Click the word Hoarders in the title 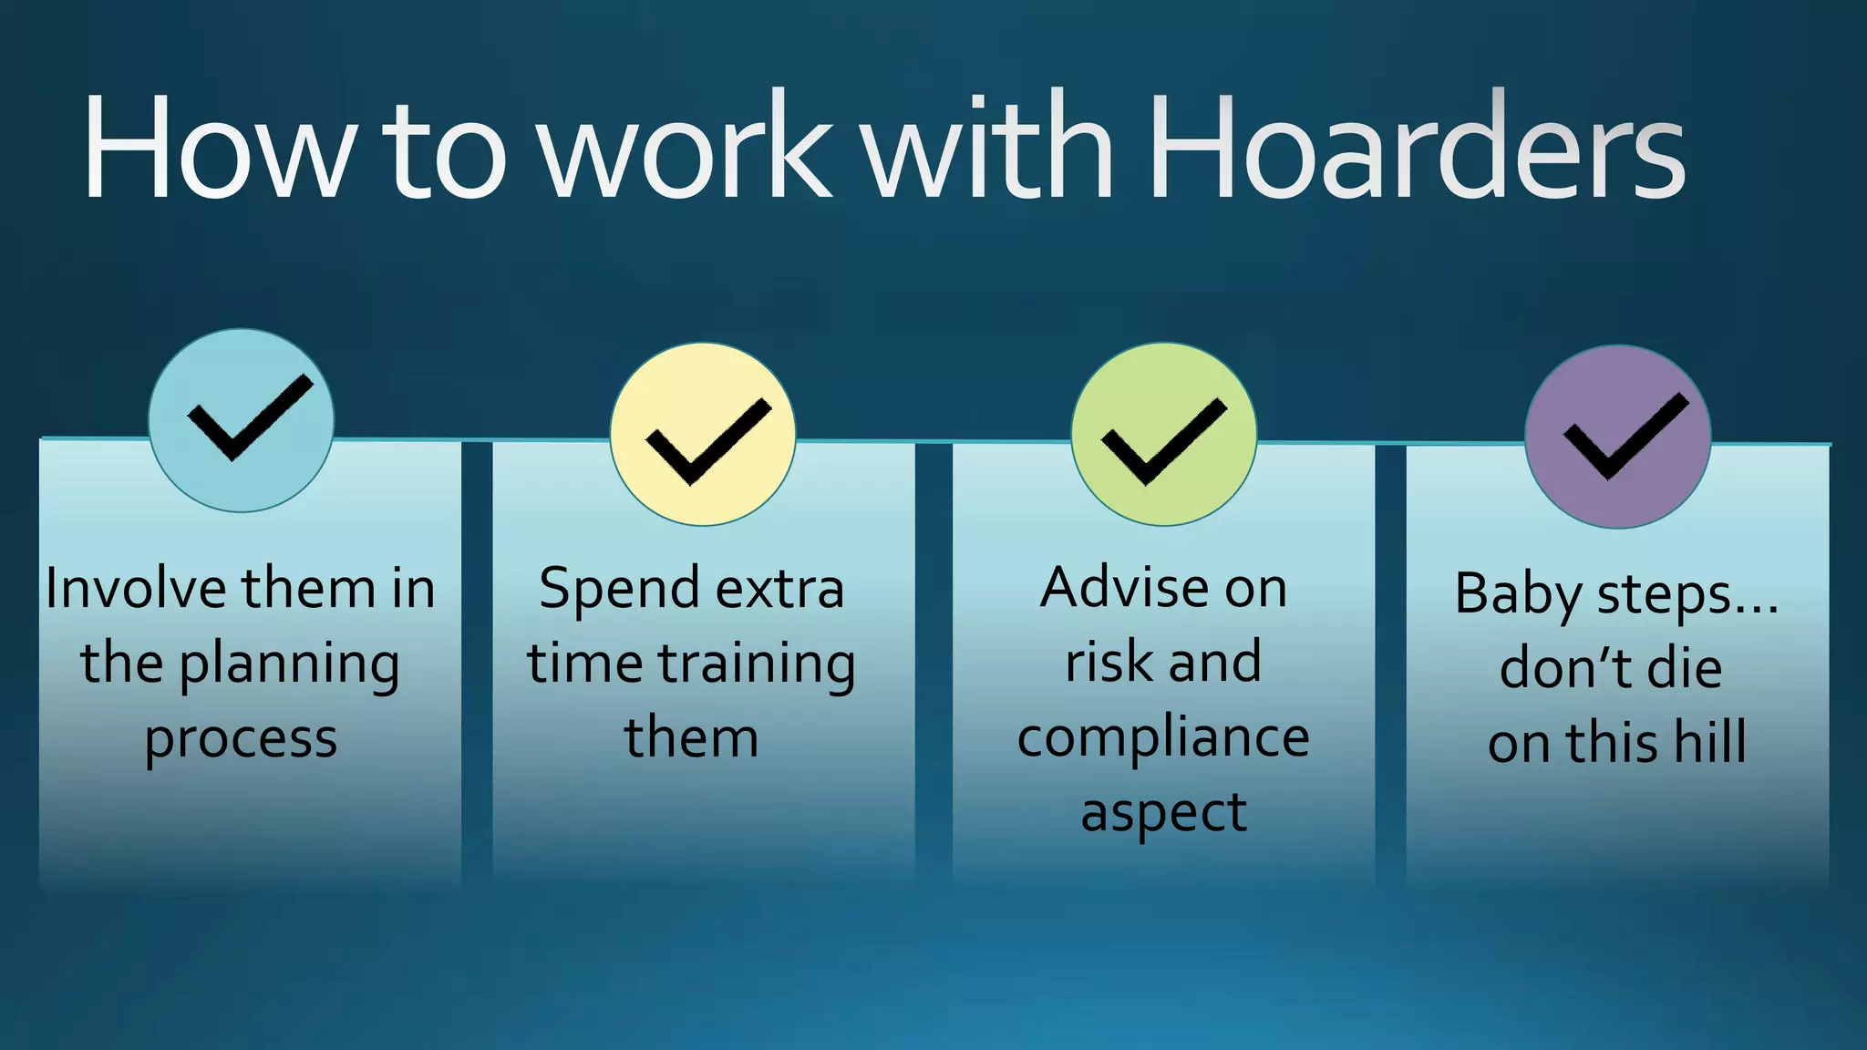[x=1416, y=148]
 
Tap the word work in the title [x=686, y=148]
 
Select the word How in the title [x=217, y=148]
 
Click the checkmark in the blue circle [x=249, y=417]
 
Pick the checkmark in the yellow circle [x=707, y=440]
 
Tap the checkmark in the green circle [x=1163, y=440]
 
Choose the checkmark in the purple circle [x=1625, y=436]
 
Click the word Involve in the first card [x=135, y=588]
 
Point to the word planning [x=289, y=665]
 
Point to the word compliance [x=1163, y=737]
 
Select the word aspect [x=1163, y=813]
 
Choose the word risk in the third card [x=1109, y=663]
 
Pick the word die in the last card [x=1685, y=668]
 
